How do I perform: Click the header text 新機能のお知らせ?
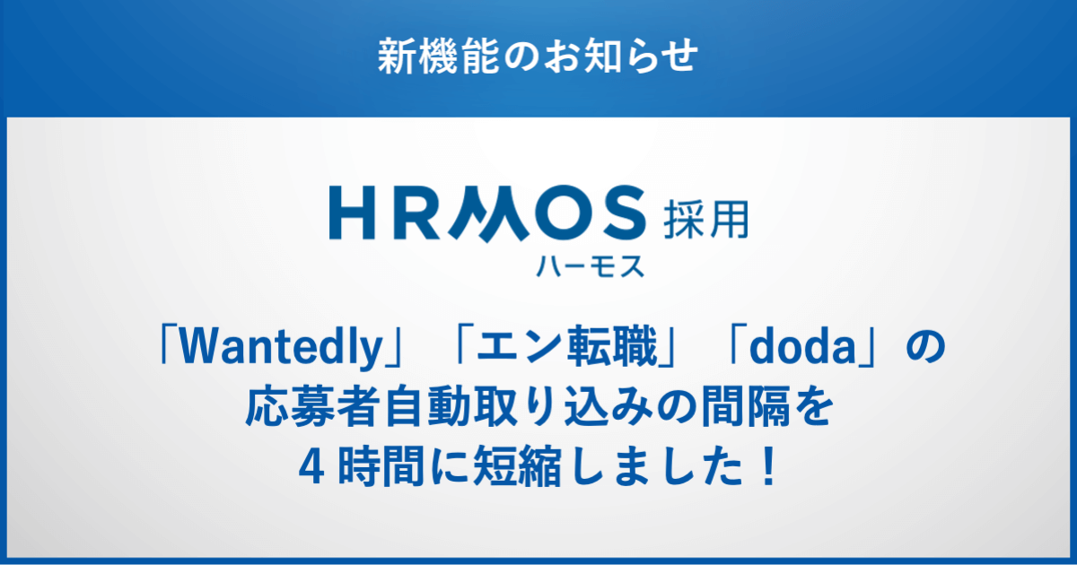pos(538,56)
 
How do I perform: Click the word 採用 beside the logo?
pos(705,220)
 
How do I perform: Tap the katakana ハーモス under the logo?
pos(590,266)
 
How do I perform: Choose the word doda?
pos(802,347)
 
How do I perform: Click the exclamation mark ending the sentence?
pos(769,465)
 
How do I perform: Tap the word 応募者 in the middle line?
pos(311,406)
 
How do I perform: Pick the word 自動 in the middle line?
pos(428,406)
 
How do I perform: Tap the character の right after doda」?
pos(926,347)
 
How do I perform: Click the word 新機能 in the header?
pos(438,56)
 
